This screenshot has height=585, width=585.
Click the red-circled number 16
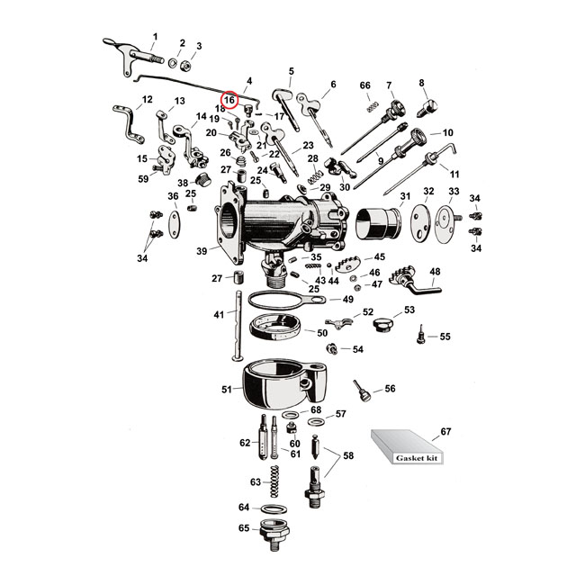(229, 99)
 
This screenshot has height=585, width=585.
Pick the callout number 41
(219, 315)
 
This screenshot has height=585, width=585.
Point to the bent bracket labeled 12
(129, 122)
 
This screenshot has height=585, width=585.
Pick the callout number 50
(321, 332)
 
